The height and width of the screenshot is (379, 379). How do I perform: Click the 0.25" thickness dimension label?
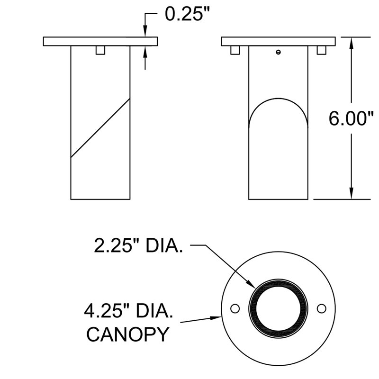click(186, 14)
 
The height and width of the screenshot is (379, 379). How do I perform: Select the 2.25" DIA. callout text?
click(138, 246)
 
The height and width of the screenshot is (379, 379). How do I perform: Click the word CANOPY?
click(127, 334)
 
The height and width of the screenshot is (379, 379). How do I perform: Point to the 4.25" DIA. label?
click(128, 311)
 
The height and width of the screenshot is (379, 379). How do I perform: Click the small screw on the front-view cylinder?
click(278, 52)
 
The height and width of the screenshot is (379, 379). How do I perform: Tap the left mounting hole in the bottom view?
click(235, 309)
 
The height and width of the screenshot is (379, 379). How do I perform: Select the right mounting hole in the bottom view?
click(322, 309)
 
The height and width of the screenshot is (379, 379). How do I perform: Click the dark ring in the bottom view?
click(278, 283)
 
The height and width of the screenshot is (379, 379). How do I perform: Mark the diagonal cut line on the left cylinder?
click(100, 128)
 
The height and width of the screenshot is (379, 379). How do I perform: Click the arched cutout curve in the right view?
click(278, 99)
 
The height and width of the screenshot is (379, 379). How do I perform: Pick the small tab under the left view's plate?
click(100, 50)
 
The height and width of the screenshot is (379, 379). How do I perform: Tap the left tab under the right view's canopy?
click(235, 50)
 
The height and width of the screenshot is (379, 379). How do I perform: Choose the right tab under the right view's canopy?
click(322, 50)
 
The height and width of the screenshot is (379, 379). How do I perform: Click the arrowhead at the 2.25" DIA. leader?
click(251, 284)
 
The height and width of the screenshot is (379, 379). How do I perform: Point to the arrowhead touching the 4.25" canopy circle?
click(216, 317)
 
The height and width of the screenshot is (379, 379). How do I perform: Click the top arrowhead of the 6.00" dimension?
click(352, 43)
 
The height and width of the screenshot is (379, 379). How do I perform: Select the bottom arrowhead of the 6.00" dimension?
click(352, 193)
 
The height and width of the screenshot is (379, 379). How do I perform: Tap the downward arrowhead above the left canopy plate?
click(145, 31)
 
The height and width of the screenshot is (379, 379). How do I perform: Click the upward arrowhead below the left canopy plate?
click(145, 52)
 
